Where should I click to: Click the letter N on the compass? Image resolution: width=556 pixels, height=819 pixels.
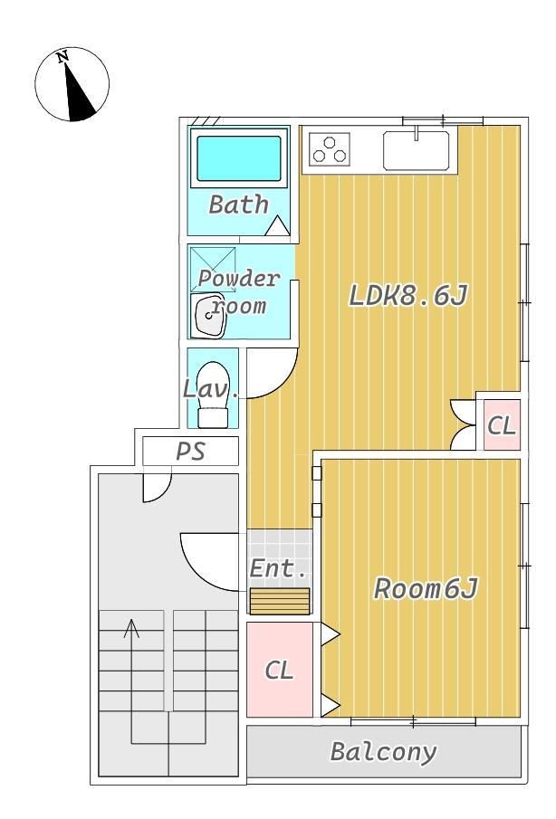click(63, 56)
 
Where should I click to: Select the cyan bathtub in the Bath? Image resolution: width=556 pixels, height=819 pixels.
click(239, 158)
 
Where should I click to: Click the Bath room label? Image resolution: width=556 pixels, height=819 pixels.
click(239, 205)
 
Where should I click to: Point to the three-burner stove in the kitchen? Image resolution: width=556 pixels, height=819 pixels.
click(330, 148)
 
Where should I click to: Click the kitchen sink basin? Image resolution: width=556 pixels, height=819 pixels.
click(416, 150)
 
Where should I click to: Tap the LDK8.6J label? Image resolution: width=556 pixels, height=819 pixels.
click(408, 296)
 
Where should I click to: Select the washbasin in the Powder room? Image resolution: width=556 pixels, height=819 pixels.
click(208, 316)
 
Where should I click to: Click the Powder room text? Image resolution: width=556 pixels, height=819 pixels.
click(239, 291)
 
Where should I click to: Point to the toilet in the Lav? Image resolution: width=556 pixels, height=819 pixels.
click(213, 395)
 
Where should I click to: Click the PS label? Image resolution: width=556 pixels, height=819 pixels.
click(190, 451)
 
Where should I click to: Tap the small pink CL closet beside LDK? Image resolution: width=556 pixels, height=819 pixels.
click(502, 424)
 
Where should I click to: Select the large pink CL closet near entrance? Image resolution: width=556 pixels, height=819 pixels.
click(280, 670)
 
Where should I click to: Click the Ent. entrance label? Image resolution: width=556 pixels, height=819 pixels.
click(278, 567)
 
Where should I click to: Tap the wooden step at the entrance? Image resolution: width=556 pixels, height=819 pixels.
click(280, 601)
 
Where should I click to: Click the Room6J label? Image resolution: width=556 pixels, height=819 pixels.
click(426, 588)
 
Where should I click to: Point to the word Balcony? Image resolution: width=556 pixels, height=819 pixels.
click(384, 752)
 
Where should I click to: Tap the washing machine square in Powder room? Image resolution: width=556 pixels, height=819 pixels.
click(213, 270)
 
